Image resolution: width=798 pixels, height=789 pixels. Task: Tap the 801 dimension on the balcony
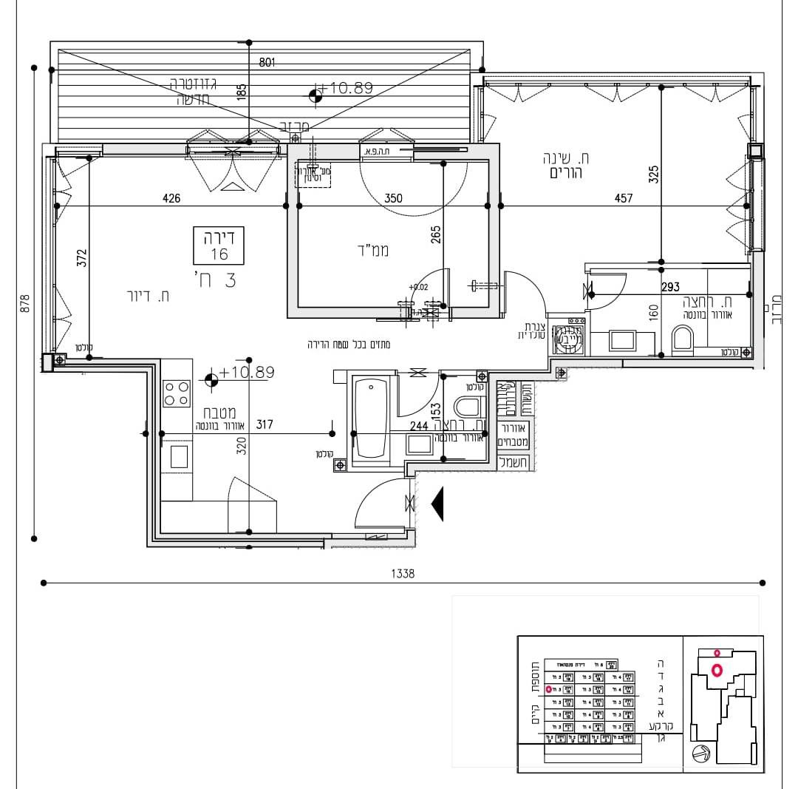coord(267,64)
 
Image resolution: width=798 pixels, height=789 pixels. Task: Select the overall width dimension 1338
coord(405,573)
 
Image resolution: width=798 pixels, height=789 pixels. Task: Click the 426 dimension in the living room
coord(172,198)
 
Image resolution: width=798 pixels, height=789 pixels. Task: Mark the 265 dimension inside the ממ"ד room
coord(435,234)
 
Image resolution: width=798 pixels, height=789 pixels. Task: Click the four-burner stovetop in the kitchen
coord(176,393)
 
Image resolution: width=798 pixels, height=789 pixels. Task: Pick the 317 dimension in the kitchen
coord(264,425)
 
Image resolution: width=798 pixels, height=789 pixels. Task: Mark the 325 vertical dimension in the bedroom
coord(653,175)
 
